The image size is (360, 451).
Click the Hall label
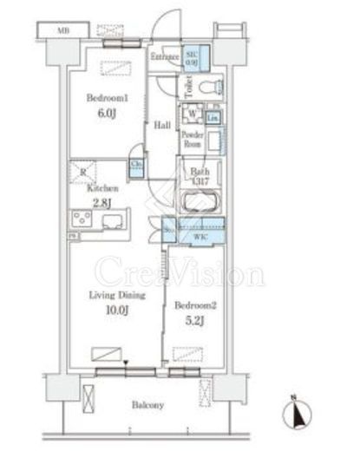click(162, 126)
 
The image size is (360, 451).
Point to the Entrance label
click(164, 57)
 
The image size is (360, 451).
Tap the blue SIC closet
click(193, 58)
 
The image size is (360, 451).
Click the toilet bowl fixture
click(208, 88)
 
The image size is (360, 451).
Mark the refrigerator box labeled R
click(83, 170)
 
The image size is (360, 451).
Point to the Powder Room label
click(192, 141)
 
